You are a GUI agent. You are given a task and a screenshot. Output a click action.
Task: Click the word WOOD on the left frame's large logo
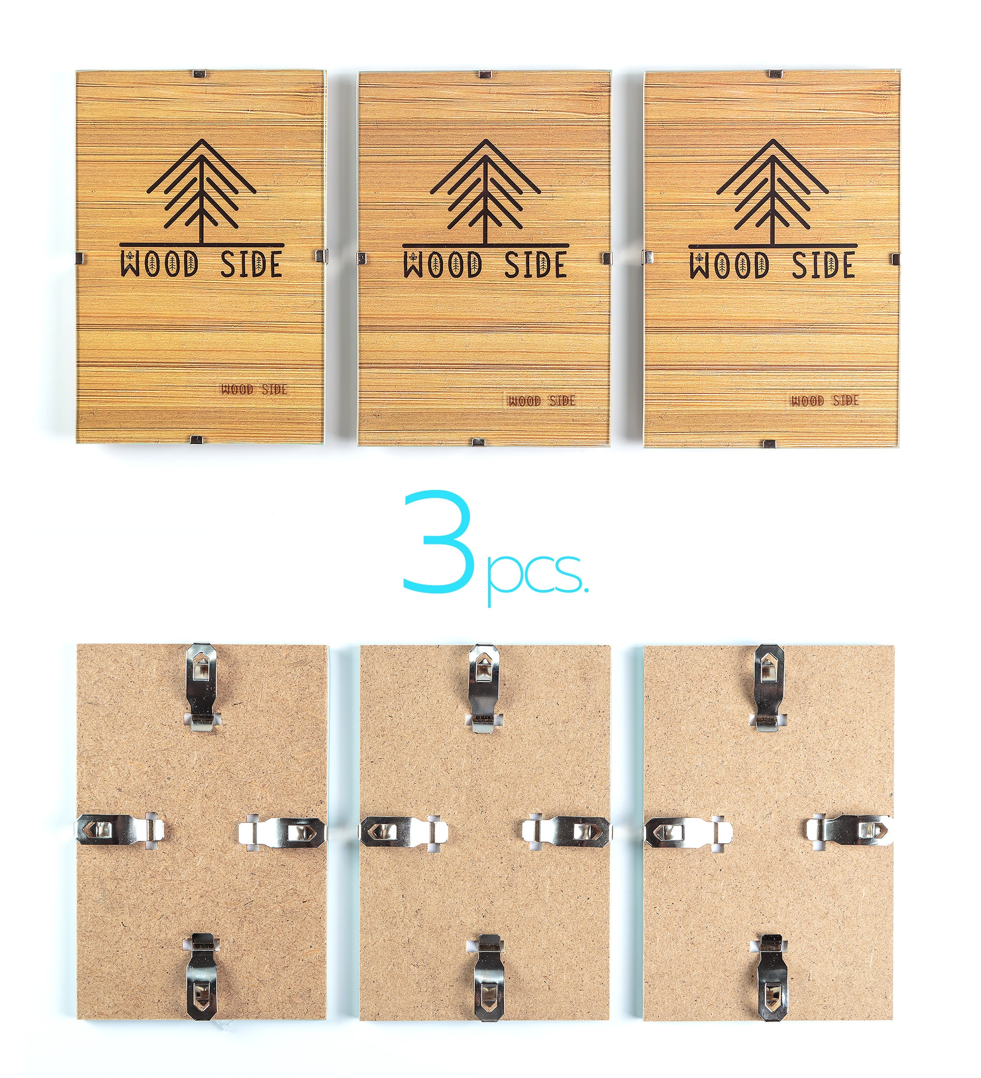[159, 264]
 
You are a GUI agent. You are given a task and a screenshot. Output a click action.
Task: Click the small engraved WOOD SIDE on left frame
[254, 389]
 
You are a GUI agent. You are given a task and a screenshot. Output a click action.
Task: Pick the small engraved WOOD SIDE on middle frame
[542, 400]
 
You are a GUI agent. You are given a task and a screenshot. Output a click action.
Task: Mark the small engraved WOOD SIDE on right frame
[825, 400]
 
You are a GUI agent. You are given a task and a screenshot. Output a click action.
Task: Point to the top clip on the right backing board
[770, 686]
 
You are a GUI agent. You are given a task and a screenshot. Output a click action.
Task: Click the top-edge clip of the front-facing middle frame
[485, 74]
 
